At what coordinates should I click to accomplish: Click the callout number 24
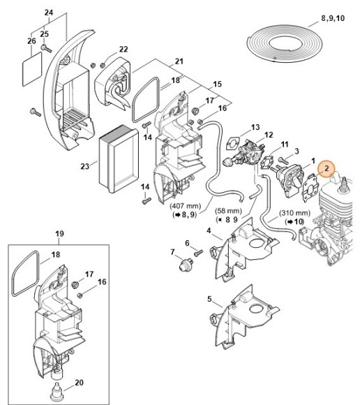48,13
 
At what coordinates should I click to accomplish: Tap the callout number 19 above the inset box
59,233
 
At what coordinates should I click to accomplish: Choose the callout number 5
209,299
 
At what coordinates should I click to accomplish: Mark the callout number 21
179,61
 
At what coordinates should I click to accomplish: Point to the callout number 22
123,49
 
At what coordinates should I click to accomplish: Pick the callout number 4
209,229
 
